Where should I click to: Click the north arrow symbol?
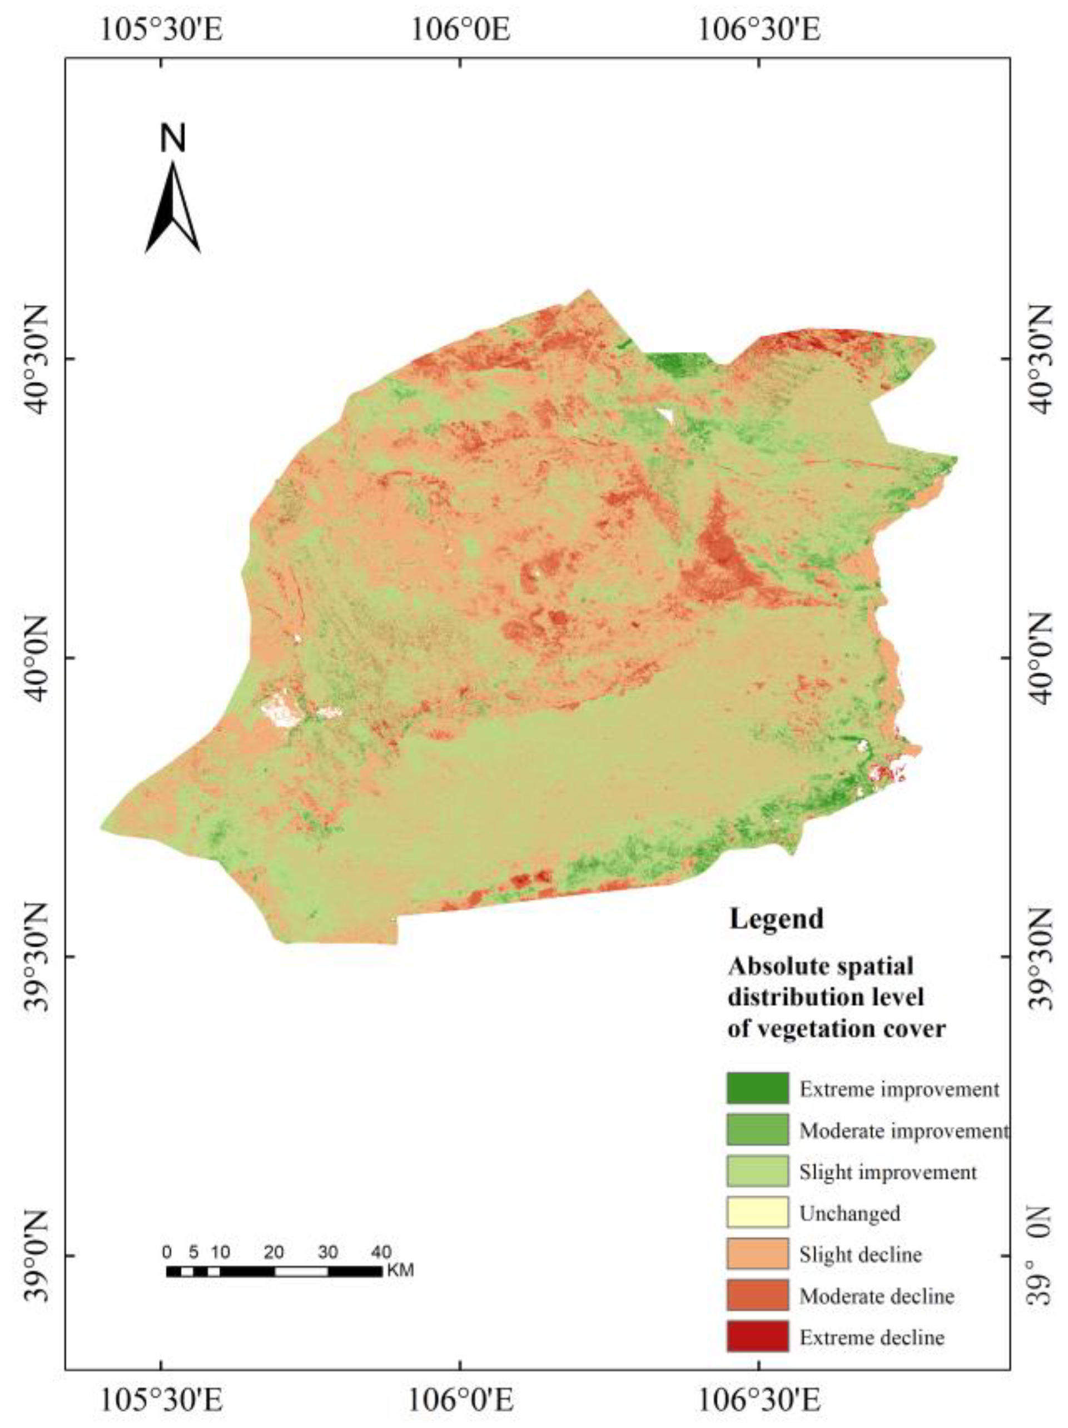172,208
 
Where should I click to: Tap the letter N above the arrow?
172,138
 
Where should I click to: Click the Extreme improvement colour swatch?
757,1088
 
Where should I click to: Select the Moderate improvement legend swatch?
757,1130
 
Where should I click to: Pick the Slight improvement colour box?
757,1171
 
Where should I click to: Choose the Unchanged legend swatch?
757,1212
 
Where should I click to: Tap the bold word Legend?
776,919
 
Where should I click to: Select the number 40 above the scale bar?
381,1252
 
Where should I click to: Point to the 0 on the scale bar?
167,1252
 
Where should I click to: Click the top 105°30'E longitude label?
161,29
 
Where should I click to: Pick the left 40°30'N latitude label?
37,359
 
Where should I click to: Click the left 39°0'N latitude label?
37,1256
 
